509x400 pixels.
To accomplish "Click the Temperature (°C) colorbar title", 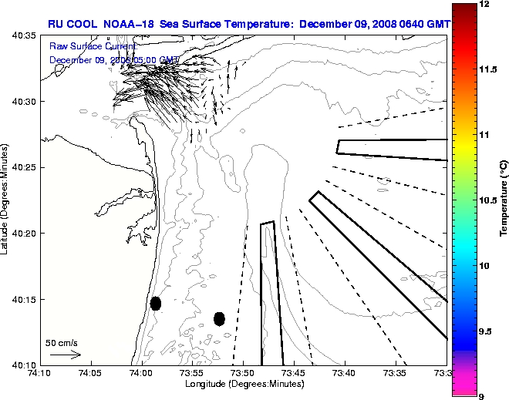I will coord(503,200).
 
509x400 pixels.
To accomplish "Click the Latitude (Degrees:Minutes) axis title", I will coord(6,200).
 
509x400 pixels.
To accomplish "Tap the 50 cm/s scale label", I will coord(62,342).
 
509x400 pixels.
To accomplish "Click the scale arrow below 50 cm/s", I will coord(66,355).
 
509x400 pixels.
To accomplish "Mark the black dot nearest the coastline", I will coord(156,303).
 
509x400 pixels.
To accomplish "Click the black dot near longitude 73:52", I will coord(219,318).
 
